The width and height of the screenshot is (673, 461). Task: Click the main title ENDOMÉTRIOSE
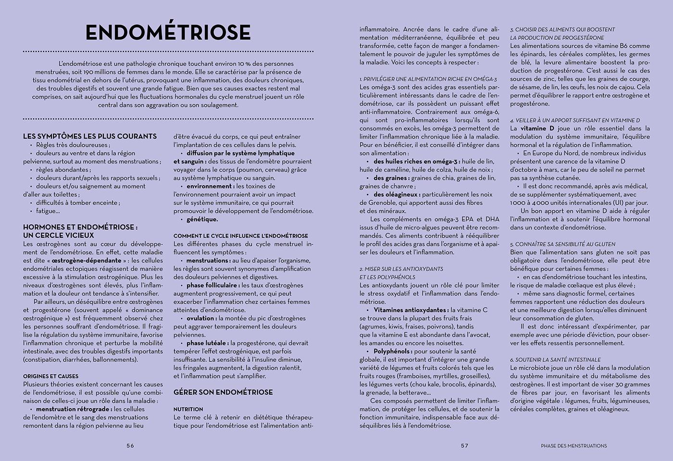(168, 32)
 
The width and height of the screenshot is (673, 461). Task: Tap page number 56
(130, 446)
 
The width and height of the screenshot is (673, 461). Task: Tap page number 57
(464, 446)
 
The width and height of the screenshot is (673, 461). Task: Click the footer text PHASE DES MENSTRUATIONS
(573, 446)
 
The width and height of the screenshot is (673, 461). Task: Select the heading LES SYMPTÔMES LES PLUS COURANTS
(90, 137)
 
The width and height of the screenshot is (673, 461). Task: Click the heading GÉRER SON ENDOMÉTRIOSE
(223, 392)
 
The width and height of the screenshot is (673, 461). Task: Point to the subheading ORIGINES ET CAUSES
(50, 376)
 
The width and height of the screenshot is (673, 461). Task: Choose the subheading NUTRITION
(188, 409)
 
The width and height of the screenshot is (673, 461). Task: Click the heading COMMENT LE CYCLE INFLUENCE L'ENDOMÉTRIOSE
(240, 236)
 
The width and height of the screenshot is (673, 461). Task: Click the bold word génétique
(202, 219)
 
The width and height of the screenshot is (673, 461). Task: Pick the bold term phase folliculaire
(212, 285)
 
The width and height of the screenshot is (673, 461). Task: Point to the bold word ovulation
(201, 318)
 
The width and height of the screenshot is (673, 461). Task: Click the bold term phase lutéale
(207, 343)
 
